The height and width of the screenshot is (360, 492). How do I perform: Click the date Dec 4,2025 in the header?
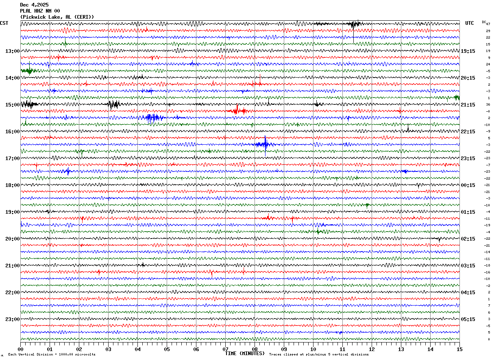pyautogui.click(x=34, y=5)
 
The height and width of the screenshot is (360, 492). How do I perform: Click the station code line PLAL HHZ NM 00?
pyautogui.click(x=40, y=11)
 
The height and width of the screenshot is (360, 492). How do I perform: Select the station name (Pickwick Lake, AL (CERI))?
pyautogui.click(x=57, y=17)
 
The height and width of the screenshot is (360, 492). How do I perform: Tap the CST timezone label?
pyautogui.click(x=4, y=23)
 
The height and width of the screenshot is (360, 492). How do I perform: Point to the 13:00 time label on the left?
pyautogui.click(x=12, y=51)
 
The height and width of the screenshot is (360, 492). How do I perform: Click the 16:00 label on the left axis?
pyautogui.click(x=12, y=132)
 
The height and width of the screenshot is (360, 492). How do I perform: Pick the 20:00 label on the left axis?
pyautogui.click(x=12, y=239)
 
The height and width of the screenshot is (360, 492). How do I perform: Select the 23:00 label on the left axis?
pyautogui.click(x=12, y=319)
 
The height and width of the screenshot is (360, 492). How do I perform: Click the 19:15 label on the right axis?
pyautogui.click(x=468, y=51)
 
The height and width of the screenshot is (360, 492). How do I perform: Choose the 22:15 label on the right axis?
pyautogui.click(x=468, y=132)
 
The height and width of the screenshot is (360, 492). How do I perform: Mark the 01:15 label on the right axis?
pyautogui.click(x=468, y=212)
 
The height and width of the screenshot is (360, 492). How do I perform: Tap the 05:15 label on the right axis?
pyautogui.click(x=468, y=319)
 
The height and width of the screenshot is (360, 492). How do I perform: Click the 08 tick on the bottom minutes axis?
pyautogui.click(x=255, y=349)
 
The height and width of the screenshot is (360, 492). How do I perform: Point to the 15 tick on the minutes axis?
pyautogui.click(x=459, y=349)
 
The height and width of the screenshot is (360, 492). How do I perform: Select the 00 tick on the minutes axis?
pyautogui.click(x=20, y=349)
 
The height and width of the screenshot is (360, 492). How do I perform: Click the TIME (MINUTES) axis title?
pyautogui.click(x=245, y=353)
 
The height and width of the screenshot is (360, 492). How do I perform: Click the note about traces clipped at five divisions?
pyautogui.click(x=319, y=355)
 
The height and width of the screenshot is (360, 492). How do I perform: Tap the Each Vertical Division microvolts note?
pyautogui.click(x=52, y=355)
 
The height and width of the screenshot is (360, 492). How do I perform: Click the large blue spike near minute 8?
pyautogui.click(x=265, y=144)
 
